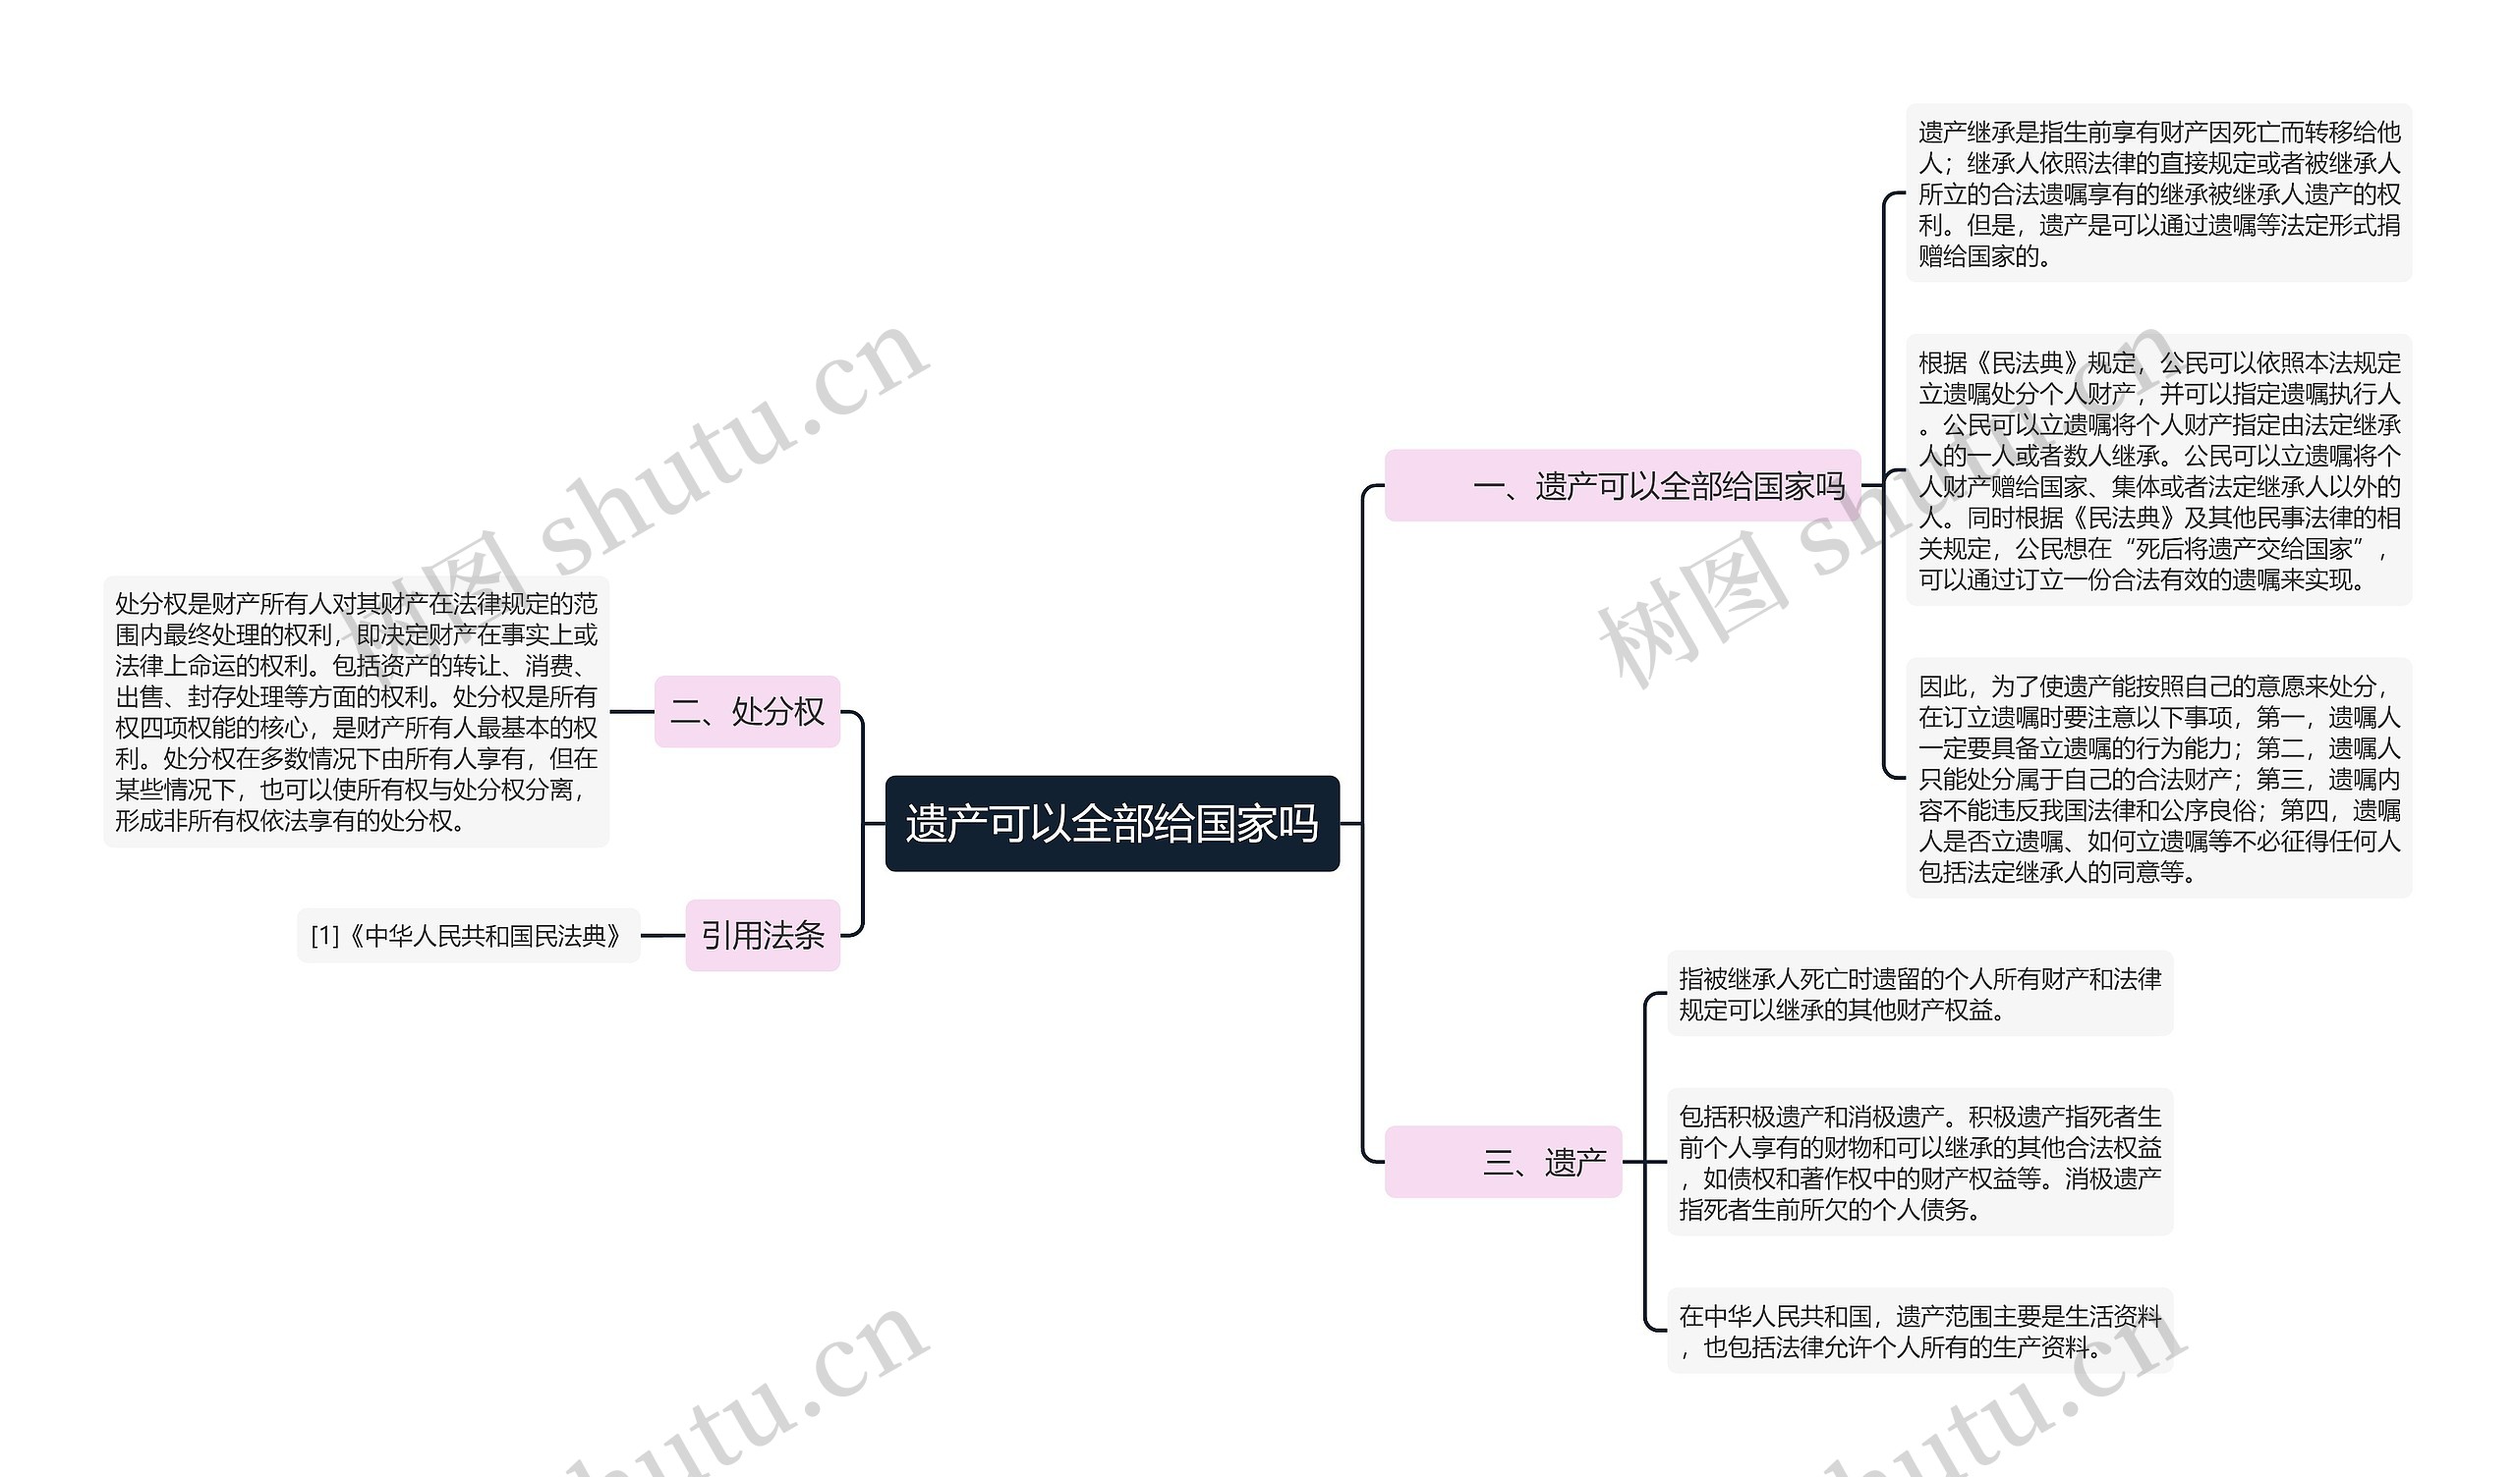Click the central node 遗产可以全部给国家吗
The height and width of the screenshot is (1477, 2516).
point(1113,823)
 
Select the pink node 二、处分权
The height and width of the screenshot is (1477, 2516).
point(747,712)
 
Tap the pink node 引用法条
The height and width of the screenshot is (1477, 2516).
point(763,935)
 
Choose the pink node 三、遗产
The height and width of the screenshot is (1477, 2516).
point(1504,1162)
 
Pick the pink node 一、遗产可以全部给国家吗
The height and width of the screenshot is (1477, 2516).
point(1623,486)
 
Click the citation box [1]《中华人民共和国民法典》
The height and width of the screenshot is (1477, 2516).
point(468,935)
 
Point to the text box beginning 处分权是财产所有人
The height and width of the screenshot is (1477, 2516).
point(357,712)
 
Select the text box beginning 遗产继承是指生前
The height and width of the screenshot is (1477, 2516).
point(2158,193)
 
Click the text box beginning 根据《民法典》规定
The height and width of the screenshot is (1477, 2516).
point(2158,470)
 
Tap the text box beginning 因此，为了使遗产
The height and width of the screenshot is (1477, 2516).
point(2158,779)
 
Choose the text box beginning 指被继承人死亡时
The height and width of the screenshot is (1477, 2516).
point(1920,994)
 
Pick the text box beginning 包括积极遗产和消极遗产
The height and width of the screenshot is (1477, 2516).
point(1920,1163)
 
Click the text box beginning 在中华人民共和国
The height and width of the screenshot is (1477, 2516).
point(1920,1332)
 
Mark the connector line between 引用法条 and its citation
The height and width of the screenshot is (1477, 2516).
point(663,935)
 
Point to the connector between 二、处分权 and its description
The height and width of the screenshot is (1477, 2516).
point(632,712)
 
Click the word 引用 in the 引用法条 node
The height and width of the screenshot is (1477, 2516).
point(732,935)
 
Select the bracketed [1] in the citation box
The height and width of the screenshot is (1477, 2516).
point(324,936)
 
